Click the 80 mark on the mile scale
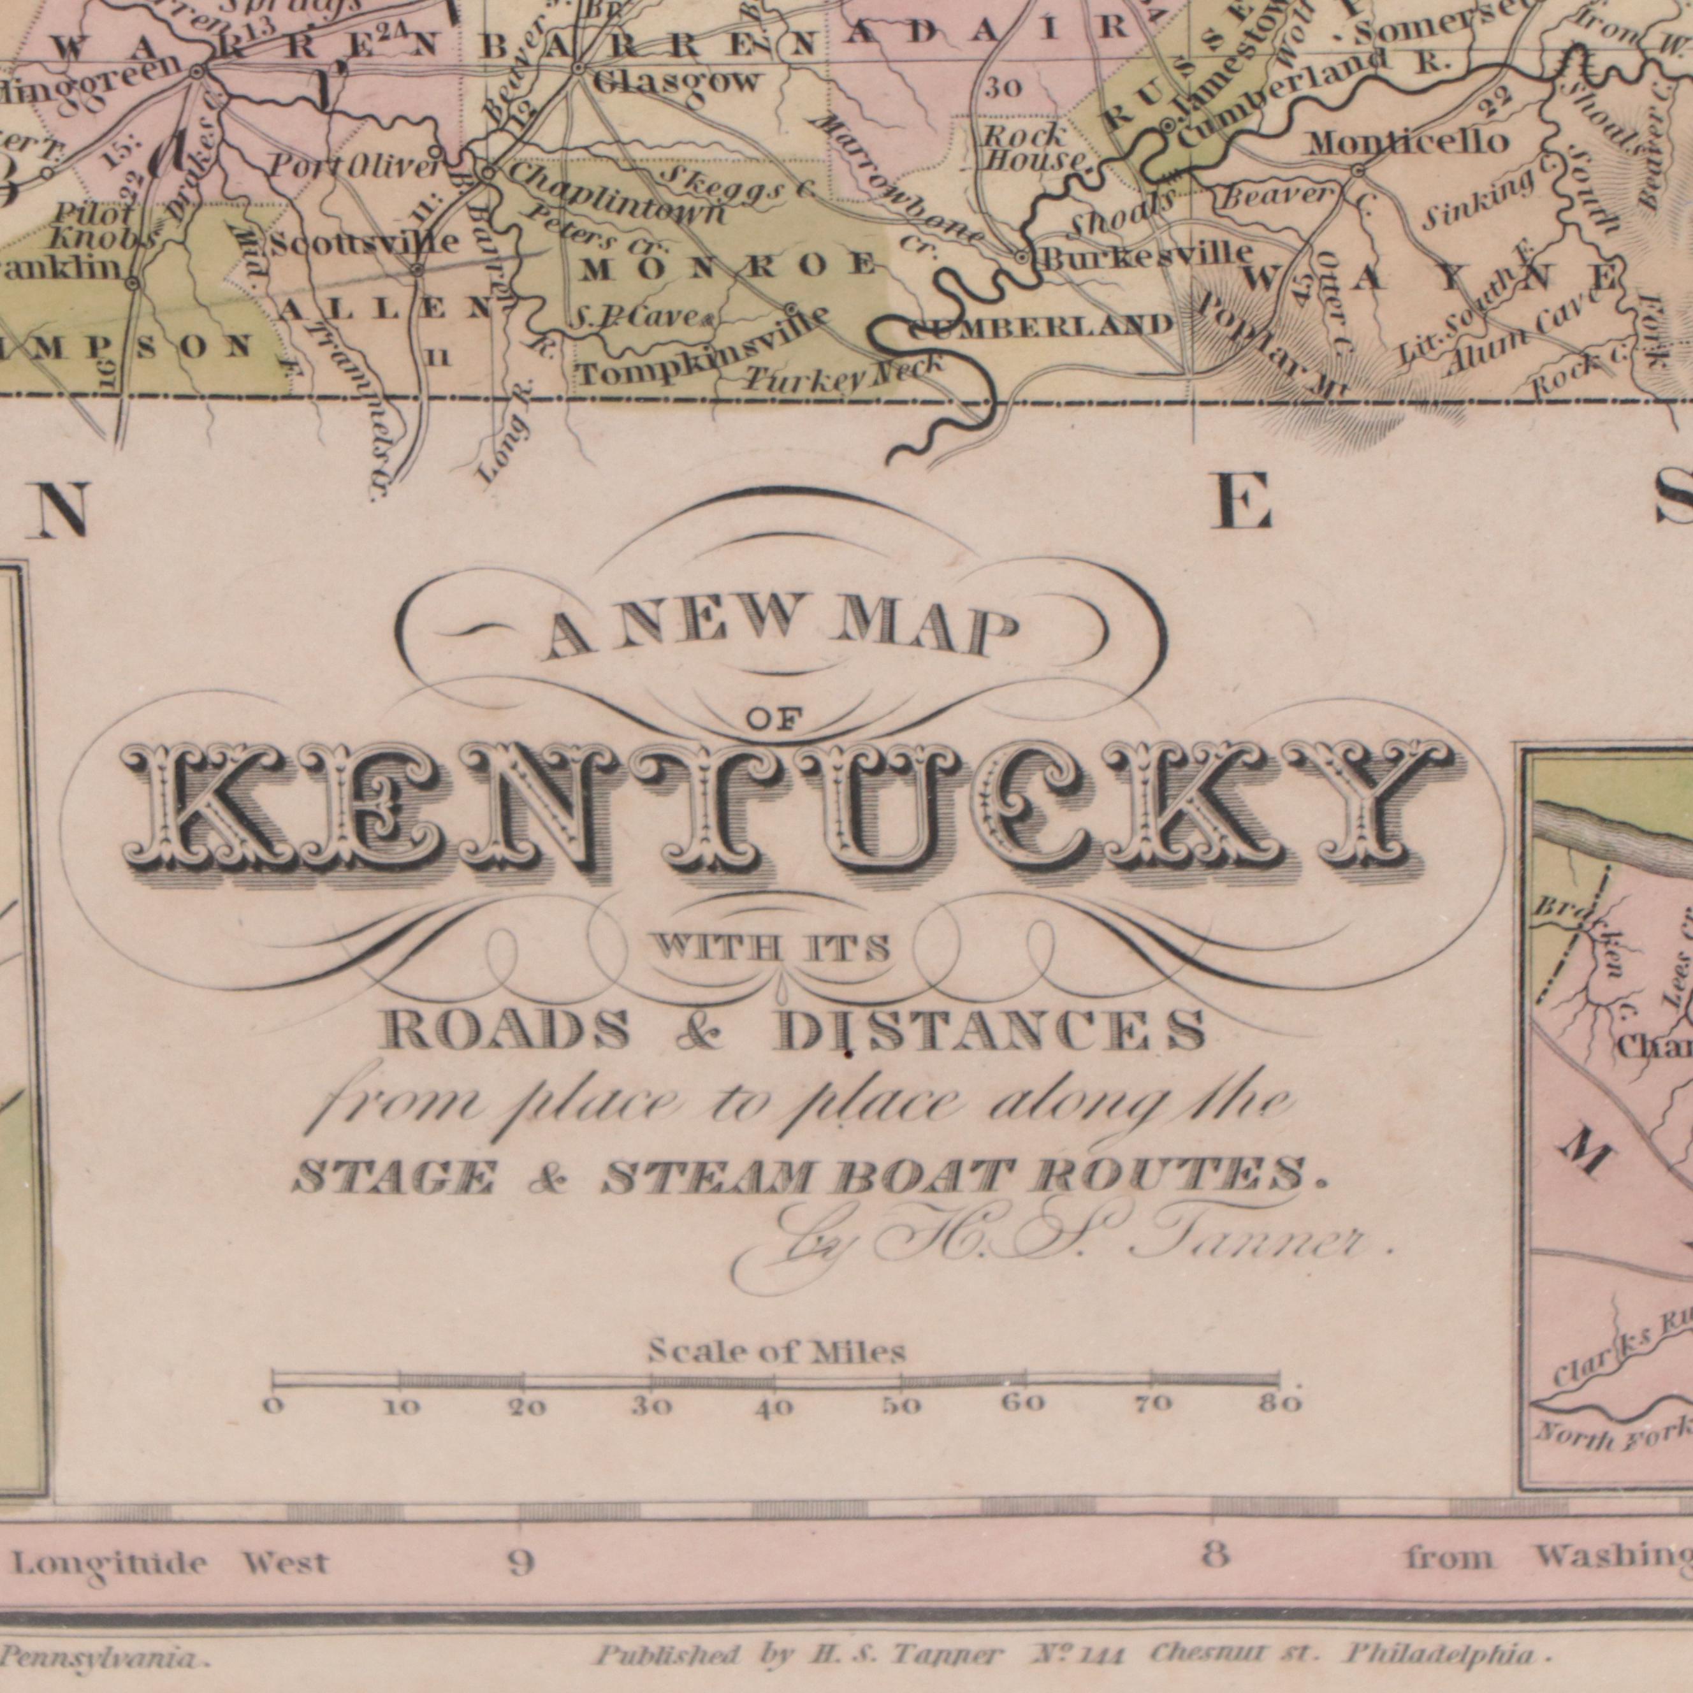click(x=1280, y=1404)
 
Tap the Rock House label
click(x=1032, y=147)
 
